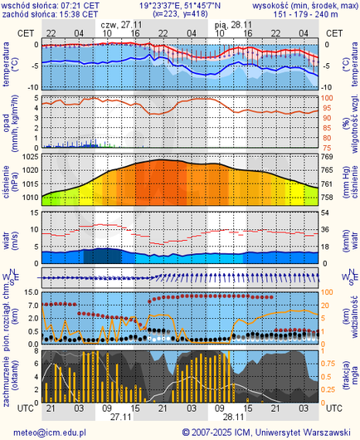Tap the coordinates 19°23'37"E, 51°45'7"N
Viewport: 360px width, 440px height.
coord(181,5)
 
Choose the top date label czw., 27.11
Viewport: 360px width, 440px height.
coord(120,25)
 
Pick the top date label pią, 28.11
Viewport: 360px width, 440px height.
coord(234,25)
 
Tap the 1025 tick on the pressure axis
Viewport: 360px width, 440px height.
coord(31,157)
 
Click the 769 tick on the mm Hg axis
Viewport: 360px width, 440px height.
coord(327,157)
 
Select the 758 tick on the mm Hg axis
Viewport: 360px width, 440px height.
coord(327,198)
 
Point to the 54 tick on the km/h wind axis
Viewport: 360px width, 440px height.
coord(327,213)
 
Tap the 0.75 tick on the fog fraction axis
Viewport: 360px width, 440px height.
coord(328,365)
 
